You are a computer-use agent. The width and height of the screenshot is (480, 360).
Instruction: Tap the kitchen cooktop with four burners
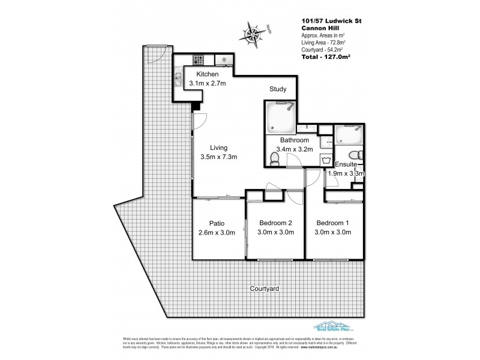[199, 60]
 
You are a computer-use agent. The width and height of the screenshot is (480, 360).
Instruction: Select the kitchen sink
[179, 77]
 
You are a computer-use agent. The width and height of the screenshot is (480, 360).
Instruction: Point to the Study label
[277, 89]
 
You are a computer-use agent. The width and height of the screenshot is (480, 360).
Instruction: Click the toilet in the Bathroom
[275, 159]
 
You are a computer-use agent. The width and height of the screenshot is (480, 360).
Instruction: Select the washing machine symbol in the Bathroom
[326, 160]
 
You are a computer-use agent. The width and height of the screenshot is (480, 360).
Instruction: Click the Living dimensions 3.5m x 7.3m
[219, 157]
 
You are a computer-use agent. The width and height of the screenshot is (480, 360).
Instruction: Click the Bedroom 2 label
[274, 223]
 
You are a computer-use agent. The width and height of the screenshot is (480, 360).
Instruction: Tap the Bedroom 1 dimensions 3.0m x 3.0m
[333, 233]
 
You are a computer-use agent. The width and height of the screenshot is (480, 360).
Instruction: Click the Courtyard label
[265, 289]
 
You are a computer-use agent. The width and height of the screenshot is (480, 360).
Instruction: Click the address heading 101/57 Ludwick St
[331, 22]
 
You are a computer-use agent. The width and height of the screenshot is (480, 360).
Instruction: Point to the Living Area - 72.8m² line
[325, 44]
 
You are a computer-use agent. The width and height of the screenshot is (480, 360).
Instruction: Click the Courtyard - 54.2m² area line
[323, 51]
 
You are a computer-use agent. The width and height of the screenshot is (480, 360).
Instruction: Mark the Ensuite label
[346, 164]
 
